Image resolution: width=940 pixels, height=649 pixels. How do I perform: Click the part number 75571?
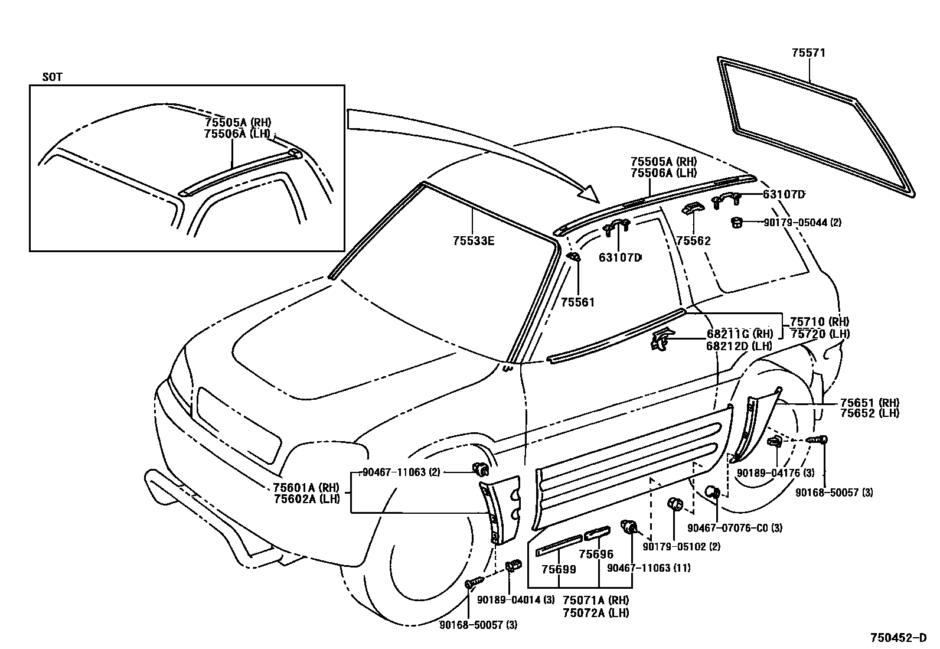[808, 53]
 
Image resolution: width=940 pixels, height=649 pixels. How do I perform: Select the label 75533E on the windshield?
[474, 241]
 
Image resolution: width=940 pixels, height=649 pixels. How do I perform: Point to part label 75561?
[577, 302]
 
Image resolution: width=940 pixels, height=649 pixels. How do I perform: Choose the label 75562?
[693, 241]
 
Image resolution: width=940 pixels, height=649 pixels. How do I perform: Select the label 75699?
[559, 569]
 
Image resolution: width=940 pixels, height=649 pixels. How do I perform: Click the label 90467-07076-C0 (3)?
[735, 527]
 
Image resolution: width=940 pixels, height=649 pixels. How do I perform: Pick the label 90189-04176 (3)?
[776, 473]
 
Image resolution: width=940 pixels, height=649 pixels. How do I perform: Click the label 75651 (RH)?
[870, 403]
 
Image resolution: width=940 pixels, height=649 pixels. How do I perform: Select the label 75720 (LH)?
[820, 334]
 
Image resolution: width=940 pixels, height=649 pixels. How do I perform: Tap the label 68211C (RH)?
[739, 334]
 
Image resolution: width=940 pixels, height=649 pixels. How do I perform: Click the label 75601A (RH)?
[306, 488]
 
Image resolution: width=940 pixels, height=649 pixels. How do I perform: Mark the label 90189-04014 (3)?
[515, 599]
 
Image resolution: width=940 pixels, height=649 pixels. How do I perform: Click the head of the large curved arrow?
[590, 194]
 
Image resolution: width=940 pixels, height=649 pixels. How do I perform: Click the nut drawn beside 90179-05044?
[736, 222]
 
